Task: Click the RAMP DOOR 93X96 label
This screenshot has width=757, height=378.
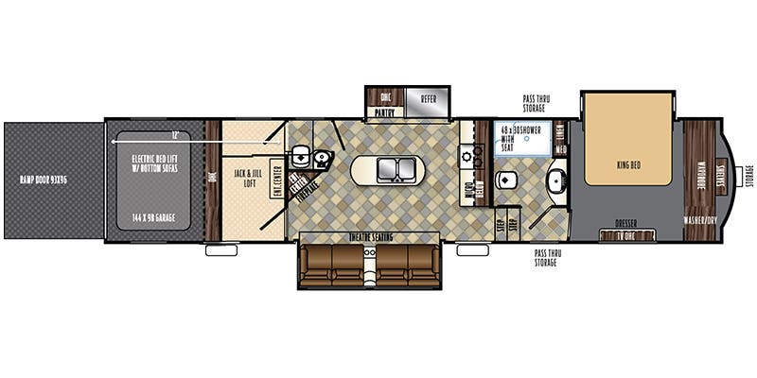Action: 52,179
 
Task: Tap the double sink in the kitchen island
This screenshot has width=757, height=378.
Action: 391,170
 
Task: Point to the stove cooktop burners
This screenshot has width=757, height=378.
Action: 467,156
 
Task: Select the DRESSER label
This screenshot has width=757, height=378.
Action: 626,224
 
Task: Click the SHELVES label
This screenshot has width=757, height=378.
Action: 721,176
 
